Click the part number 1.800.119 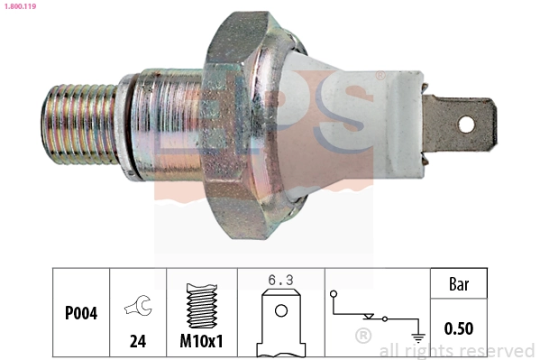pos(18,6)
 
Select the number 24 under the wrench pos(138,343)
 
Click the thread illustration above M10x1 pos(201,307)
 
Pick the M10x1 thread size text pos(201,343)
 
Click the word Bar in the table pos(459,284)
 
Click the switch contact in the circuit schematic pos(370,317)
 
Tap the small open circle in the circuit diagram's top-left pos(334,294)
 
